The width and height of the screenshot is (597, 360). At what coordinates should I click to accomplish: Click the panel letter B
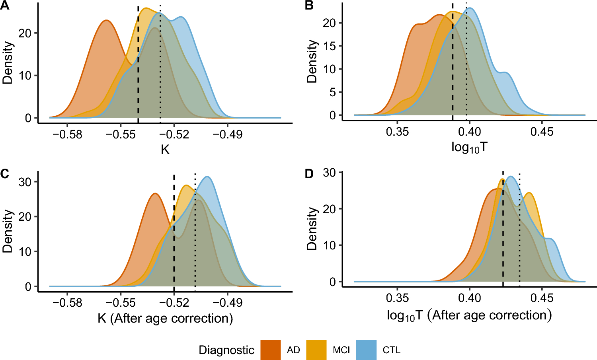click(x=309, y=6)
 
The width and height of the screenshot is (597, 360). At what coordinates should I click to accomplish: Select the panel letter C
click(x=5, y=174)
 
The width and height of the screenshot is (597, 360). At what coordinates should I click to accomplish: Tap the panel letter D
click(x=309, y=174)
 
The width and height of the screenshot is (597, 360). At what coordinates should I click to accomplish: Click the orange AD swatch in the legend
click(x=271, y=350)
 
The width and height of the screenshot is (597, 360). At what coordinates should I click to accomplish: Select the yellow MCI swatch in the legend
click(x=316, y=350)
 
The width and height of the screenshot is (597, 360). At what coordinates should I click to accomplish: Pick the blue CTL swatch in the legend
click(x=366, y=350)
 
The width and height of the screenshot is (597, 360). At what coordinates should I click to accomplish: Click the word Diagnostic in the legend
click(x=226, y=350)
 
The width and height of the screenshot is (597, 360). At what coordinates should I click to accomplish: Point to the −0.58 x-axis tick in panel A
click(x=67, y=134)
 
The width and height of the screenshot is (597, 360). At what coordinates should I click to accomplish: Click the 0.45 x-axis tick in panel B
click(x=542, y=131)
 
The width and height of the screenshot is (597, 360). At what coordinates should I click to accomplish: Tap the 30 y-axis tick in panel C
click(x=25, y=182)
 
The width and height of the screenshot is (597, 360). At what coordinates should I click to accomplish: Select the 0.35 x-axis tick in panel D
click(x=397, y=298)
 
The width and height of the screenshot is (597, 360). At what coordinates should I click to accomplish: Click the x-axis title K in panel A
click(x=165, y=150)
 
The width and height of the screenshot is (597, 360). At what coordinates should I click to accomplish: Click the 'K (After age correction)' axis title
click(x=165, y=318)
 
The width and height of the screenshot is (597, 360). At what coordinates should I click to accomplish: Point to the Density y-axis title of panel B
click(x=312, y=62)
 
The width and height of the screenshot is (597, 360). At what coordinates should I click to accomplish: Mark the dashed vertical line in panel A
click(x=138, y=64)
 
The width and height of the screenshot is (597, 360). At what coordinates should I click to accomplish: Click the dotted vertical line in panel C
click(x=195, y=231)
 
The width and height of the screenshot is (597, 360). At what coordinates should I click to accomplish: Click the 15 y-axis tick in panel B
click(x=330, y=46)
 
